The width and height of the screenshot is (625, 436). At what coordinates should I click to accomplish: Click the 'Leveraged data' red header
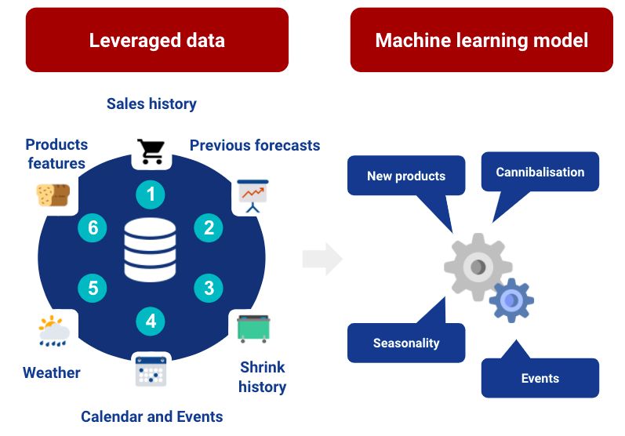(x=157, y=40)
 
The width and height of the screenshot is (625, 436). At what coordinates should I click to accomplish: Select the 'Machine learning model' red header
(x=481, y=40)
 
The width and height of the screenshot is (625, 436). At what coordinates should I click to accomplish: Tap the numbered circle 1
(x=151, y=194)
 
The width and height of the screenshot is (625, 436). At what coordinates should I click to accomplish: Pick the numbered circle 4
(x=151, y=321)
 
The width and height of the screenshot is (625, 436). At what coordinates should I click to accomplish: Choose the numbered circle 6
(x=93, y=227)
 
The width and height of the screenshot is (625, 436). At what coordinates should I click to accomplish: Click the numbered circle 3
(x=209, y=288)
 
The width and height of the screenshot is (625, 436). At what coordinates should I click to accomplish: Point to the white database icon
(x=151, y=250)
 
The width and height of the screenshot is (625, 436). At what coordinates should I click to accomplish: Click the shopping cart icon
(x=151, y=151)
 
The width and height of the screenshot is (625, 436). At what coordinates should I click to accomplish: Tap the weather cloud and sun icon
(x=53, y=331)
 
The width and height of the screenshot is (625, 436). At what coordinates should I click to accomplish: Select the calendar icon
(x=151, y=370)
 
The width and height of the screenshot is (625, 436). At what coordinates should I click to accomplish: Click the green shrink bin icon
(x=253, y=328)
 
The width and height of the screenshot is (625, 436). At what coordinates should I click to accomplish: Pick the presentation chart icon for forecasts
(x=253, y=195)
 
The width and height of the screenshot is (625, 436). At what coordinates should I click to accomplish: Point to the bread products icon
(x=53, y=194)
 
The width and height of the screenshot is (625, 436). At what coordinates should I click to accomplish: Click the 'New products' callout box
(x=406, y=176)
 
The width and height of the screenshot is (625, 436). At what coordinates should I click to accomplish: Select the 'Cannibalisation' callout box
(x=540, y=172)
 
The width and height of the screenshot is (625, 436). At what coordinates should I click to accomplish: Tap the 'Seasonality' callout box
(x=406, y=343)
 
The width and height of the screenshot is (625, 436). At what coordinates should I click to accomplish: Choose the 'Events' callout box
(x=540, y=378)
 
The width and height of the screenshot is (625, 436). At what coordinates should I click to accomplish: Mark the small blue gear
(x=511, y=300)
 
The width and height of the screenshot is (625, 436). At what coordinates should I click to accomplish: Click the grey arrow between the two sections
(x=322, y=259)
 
